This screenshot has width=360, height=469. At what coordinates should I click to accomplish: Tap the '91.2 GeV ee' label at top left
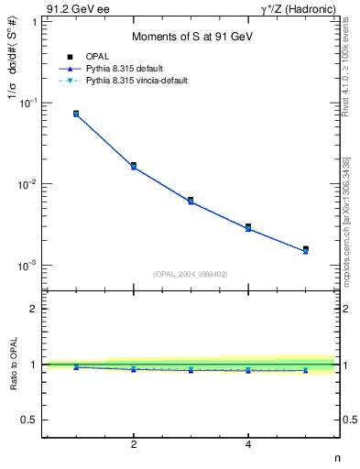(77, 8)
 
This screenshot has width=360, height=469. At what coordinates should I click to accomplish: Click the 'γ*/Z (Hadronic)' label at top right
(300, 8)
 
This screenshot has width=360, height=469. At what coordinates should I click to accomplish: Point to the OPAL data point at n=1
(76, 114)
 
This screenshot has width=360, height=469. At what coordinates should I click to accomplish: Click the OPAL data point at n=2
(134, 166)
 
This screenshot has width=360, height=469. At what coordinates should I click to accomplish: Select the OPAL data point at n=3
(191, 200)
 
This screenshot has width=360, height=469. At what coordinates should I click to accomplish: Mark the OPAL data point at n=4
(248, 226)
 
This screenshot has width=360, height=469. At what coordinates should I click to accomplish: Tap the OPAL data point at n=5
(306, 249)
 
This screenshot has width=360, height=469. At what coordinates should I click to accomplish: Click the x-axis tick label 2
(134, 445)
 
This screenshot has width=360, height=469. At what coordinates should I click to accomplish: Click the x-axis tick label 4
(248, 445)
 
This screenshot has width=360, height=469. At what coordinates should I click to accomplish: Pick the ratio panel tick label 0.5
(29, 420)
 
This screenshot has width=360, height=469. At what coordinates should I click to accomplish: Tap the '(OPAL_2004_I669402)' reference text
(191, 273)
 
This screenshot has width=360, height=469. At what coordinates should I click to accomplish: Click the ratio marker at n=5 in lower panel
(306, 370)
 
